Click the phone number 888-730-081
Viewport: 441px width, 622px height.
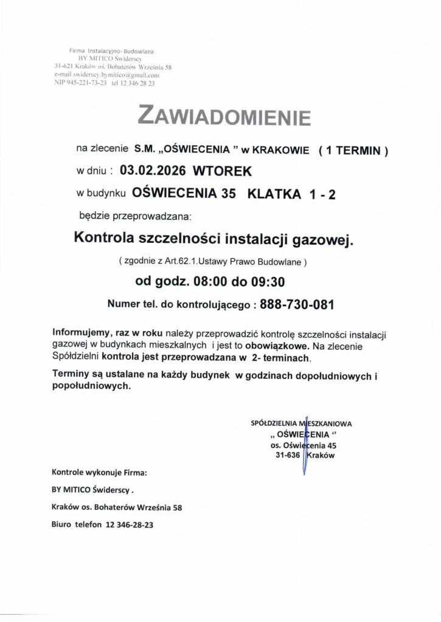point(297,304)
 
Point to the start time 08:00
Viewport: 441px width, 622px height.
point(208,282)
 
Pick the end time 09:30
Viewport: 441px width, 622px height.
point(265,282)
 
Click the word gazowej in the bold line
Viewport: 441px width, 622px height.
point(323,239)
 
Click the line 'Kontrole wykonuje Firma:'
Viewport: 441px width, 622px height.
point(100,471)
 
